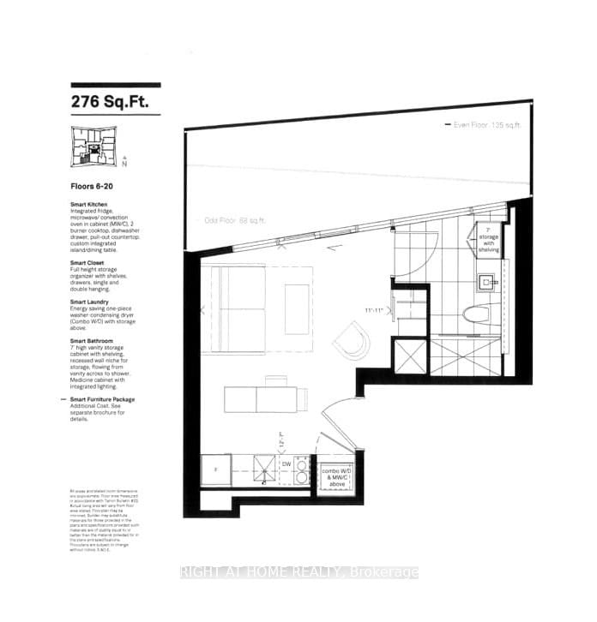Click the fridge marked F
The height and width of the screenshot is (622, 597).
pyautogui.click(x=215, y=470)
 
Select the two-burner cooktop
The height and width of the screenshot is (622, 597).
pyautogui.click(x=303, y=470)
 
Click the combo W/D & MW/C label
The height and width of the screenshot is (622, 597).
pyautogui.click(x=336, y=476)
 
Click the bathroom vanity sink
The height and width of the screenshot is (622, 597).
pyautogui.click(x=488, y=280)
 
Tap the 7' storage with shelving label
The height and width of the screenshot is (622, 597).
pyautogui.click(x=490, y=239)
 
